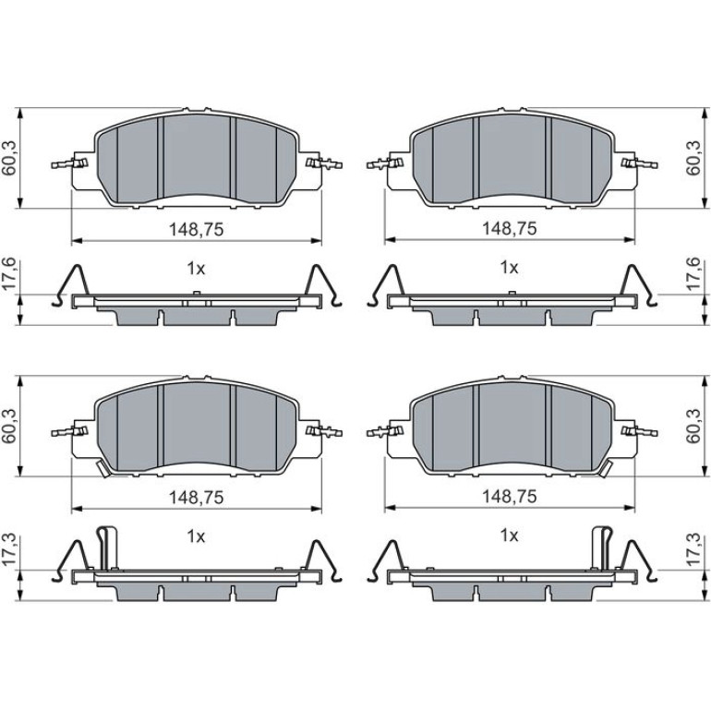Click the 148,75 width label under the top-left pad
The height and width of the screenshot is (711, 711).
tap(197, 229)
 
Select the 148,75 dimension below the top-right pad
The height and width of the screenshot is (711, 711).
tap(509, 229)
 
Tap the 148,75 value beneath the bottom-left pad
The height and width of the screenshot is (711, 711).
tap(197, 498)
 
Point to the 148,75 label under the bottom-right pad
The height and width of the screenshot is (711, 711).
tap(509, 497)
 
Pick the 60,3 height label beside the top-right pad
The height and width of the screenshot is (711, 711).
tap(693, 158)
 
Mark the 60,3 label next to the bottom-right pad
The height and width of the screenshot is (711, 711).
tap(693, 426)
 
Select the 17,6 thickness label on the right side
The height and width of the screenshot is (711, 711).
tap(693, 274)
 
